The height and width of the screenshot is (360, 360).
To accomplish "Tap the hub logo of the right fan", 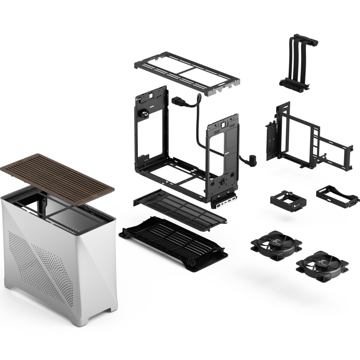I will pos(322,262).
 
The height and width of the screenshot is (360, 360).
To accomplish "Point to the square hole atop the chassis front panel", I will pos(223,123).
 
